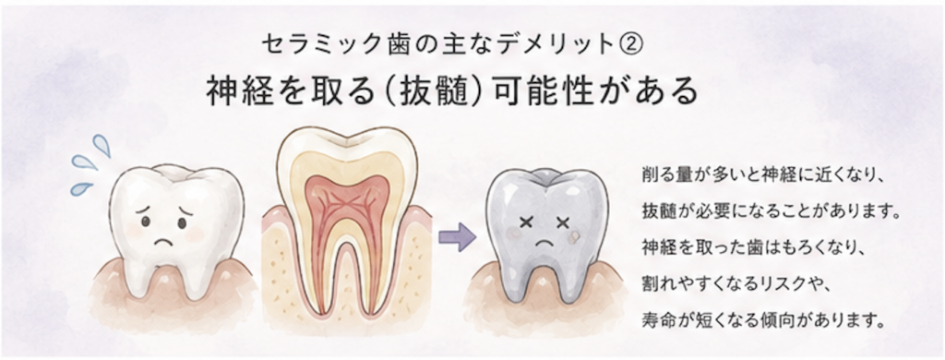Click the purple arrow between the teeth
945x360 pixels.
tap(457, 237)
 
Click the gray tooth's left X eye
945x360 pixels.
tap(525, 222)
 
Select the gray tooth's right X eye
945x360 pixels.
tap(563, 222)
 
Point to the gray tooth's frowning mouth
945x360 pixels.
tap(544, 243)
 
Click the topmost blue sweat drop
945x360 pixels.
tap(102, 145)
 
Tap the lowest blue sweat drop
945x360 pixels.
tap(81, 188)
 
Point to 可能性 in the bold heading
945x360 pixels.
tap(533, 91)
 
